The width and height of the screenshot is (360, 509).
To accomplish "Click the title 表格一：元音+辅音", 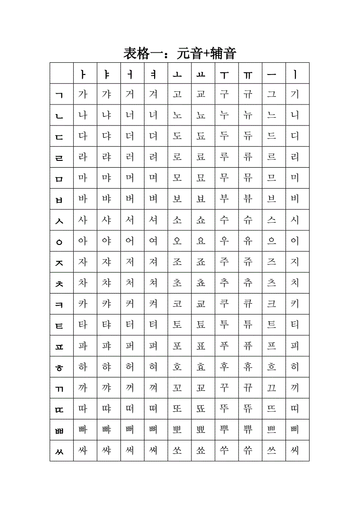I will pyautogui.click(x=180, y=54).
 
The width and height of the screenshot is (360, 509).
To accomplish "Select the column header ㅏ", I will pyautogui.click(x=83, y=74).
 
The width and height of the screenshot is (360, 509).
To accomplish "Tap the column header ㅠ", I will pyautogui.click(x=248, y=74).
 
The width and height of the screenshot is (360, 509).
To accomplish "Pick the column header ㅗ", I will pyautogui.click(x=177, y=74).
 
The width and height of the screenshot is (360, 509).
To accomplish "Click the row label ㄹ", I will pyautogui.click(x=60, y=158).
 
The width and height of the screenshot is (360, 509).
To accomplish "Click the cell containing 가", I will pyautogui.click(x=83, y=95).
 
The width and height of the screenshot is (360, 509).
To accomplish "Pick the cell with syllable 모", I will pyautogui.click(x=177, y=178).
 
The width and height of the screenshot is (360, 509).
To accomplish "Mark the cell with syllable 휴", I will pyautogui.click(x=248, y=367).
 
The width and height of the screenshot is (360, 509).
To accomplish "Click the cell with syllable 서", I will pyautogui.click(x=130, y=220).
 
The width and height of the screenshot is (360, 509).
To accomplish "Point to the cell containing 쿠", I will pyautogui.click(x=224, y=304).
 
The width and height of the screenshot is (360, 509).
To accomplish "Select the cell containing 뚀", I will pyautogui.click(x=201, y=409).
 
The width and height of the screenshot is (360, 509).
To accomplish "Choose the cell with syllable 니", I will pyautogui.click(x=295, y=115).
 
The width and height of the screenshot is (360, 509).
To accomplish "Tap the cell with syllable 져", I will pyautogui.click(x=154, y=262).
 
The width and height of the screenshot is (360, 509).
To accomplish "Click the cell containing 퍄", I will pyautogui.click(x=106, y=346).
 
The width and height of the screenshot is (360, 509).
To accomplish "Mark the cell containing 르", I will pyautogui.click(x=271, y=157).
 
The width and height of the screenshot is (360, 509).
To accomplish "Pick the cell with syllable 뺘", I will pyautogui.click(x=106, y=429).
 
